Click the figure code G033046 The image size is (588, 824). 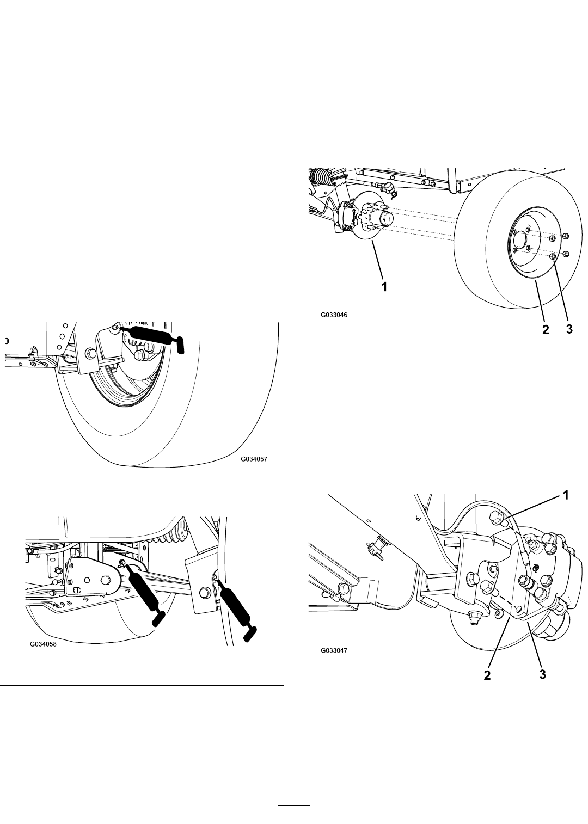334,315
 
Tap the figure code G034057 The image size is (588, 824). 254,459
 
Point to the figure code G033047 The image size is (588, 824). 334,650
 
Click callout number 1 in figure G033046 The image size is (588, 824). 384,287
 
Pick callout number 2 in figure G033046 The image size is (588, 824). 546,330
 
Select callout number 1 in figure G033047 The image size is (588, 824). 566,495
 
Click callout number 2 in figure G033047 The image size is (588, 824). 487,675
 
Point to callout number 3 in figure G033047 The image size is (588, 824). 542,674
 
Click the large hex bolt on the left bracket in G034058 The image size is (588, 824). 106,580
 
